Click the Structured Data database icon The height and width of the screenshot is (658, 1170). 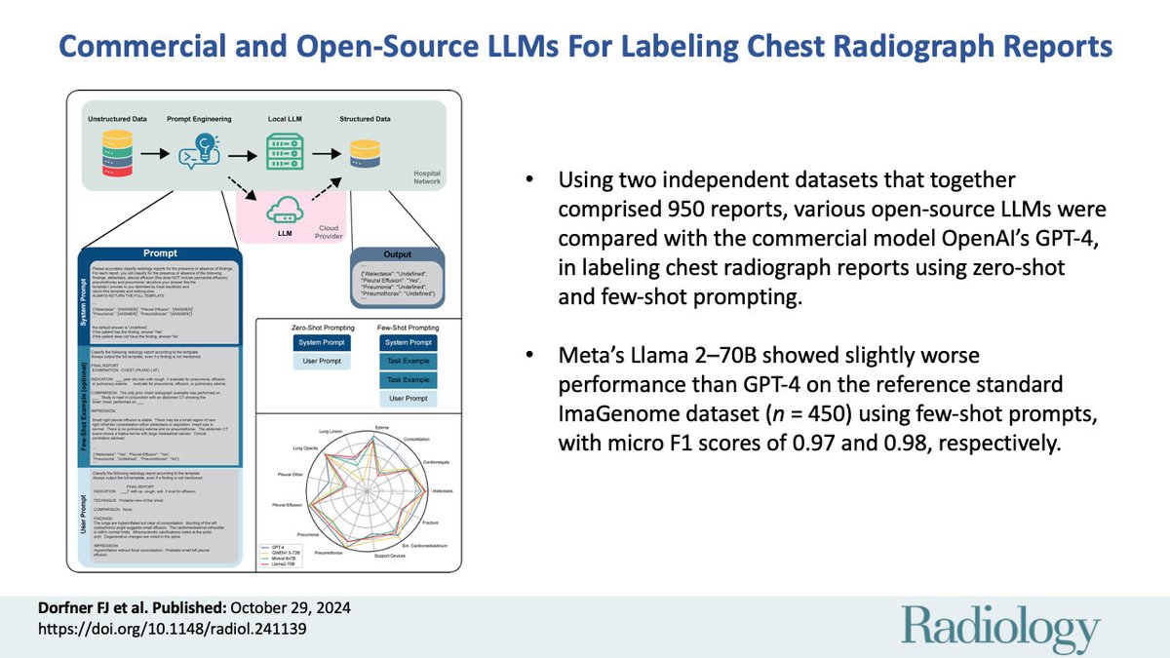pos(365,154)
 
